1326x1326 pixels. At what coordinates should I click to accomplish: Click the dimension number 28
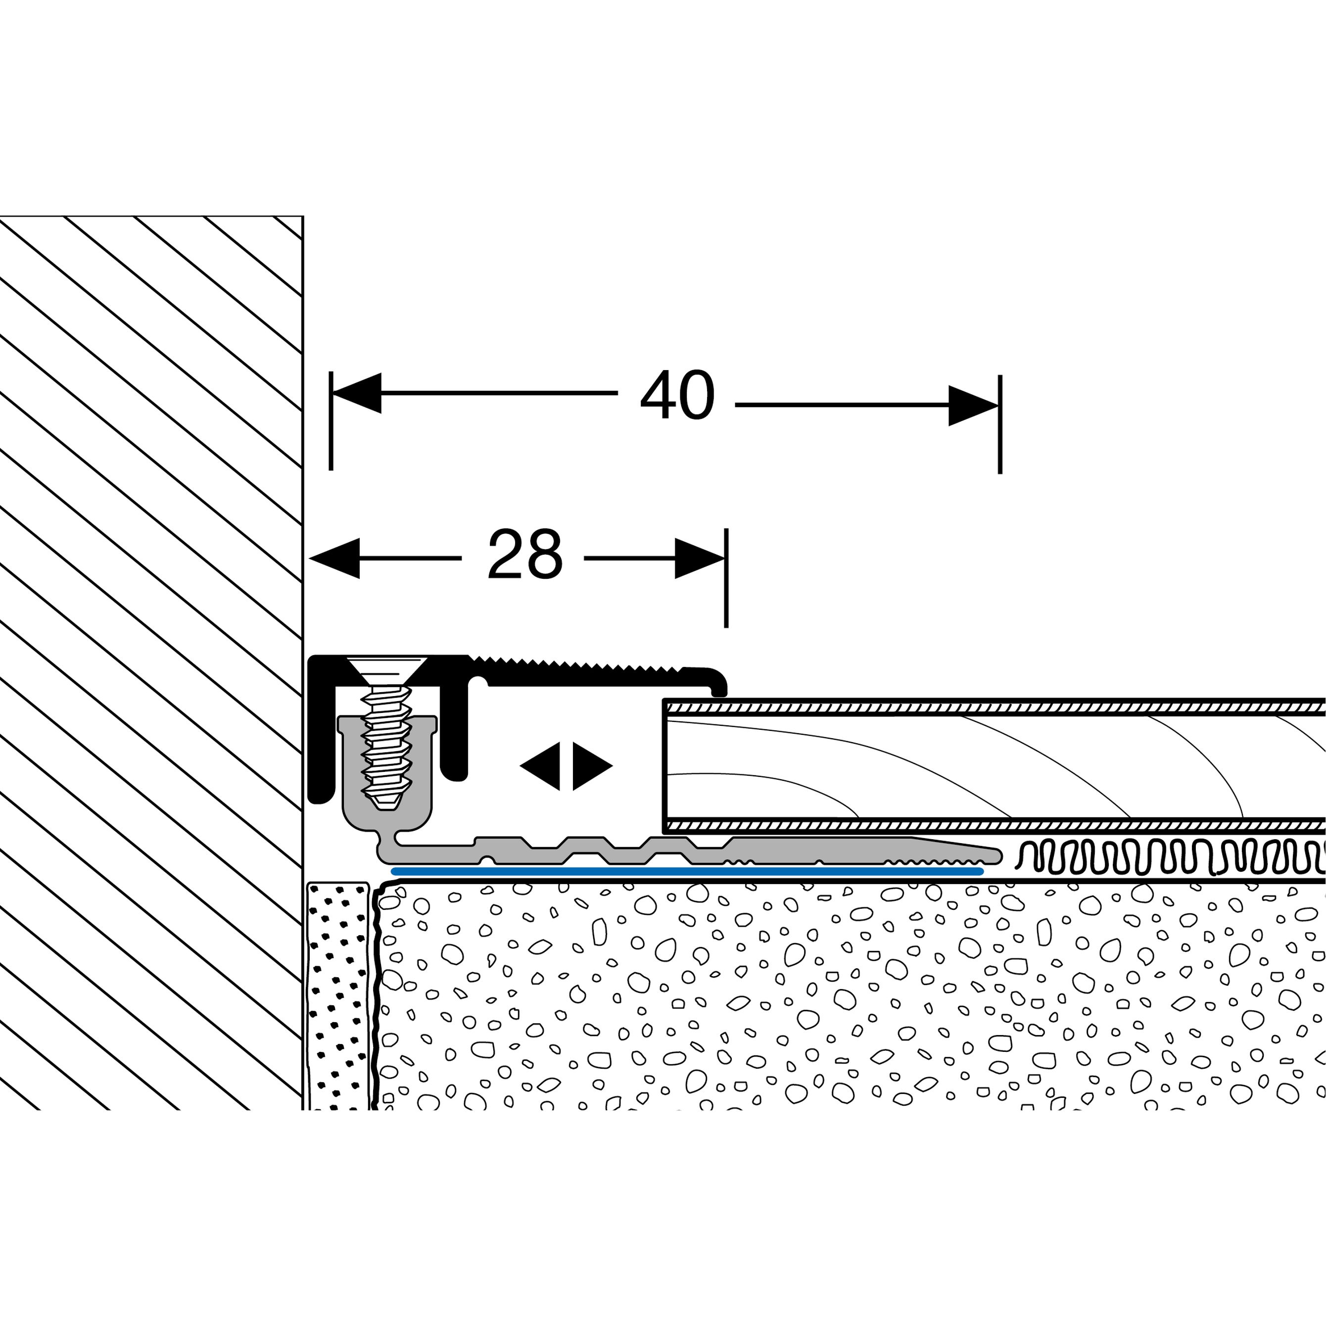[x=525, y=555]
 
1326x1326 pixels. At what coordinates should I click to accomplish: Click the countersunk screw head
[x=387, y=668]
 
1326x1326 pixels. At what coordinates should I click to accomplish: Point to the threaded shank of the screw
[x=387, y=748]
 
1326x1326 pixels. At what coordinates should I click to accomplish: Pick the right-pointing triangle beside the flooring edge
[x=590, y=766]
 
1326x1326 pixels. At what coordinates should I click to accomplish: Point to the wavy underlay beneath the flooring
[x=1167, y=858]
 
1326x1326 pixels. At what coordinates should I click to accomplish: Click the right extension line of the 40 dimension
[x=1000, y=439]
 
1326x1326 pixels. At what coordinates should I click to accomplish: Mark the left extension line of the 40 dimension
[x=331, y=439]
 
